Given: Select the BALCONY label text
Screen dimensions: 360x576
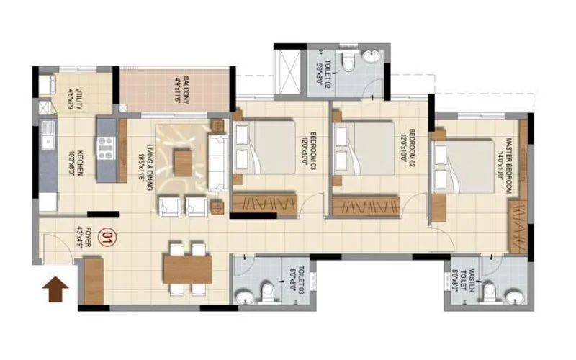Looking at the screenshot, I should pos(181,90).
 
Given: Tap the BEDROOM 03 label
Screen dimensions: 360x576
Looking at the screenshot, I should pos(308,152).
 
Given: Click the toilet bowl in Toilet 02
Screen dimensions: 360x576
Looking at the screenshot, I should pos(348,63).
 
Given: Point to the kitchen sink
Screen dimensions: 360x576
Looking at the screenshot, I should pos(48,132).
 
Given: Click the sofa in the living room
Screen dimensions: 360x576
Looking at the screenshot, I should pos(218,163).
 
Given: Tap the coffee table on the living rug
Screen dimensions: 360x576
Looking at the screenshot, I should pos(184,162).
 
